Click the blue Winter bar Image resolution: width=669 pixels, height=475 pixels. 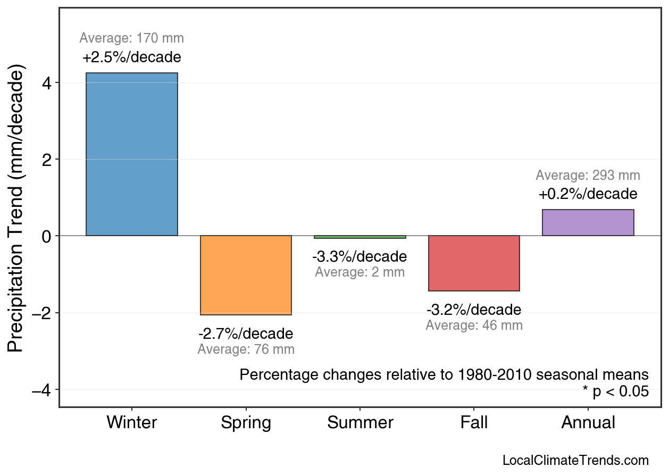[x=131, y=154]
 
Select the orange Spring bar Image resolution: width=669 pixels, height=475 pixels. [x=246, y=275]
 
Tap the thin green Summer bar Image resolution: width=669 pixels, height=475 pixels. [x=360, y=237]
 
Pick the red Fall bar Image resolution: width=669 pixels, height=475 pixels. [x=474, y=263]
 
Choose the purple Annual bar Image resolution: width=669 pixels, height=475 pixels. [x=588, y=222]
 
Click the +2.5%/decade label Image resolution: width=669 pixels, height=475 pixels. [x=131, y=57]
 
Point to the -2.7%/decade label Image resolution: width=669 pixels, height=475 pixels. [x=246, y=334]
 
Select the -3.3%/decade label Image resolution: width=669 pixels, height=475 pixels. [x=359, y=257]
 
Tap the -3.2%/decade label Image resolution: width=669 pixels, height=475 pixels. [x=474, y=310]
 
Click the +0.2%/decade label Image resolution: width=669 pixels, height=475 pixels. [x=588, y=194]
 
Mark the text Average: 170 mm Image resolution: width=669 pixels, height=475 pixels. [x=131, y=38]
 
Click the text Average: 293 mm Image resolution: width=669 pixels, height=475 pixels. [x=588, y=176]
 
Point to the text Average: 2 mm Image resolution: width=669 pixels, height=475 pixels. [x=359, y=272]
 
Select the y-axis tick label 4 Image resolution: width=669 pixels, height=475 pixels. [x=47, y=83]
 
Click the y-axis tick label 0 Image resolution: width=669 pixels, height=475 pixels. [x=47, y=236]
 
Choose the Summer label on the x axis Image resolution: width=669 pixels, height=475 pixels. [x=360, y=423]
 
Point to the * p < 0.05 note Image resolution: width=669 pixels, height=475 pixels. [x=615, y=392]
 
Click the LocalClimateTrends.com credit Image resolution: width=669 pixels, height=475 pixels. [x=575, y=461]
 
